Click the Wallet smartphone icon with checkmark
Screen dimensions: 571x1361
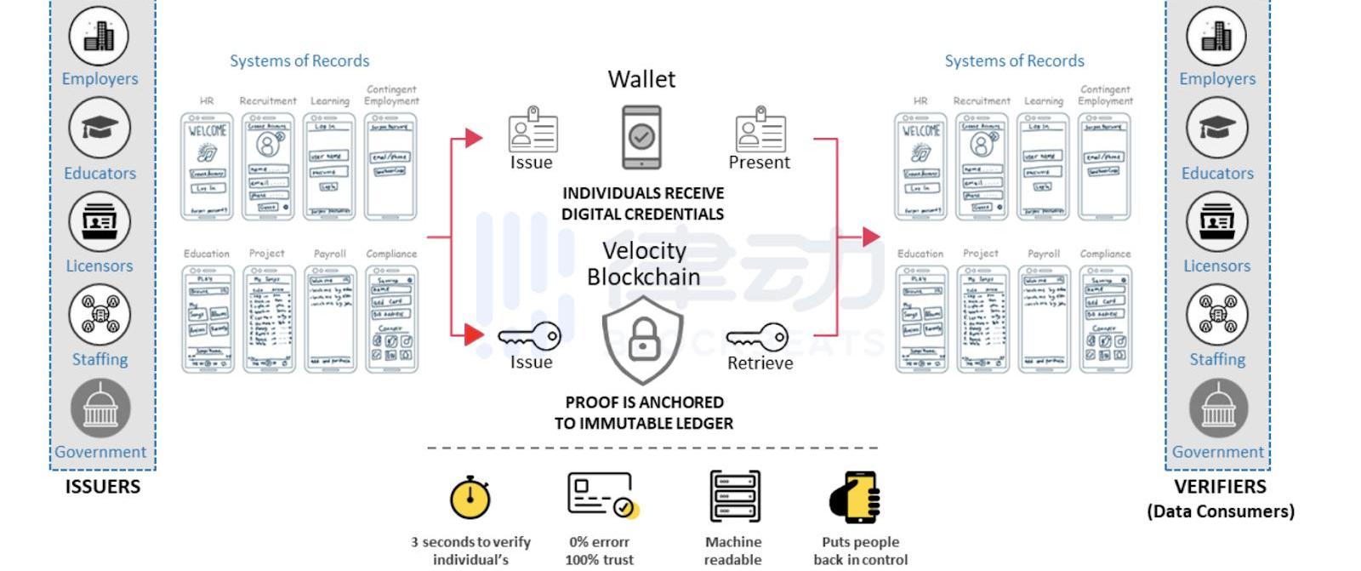click(641, 137)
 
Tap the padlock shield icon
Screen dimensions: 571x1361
click(643, 340)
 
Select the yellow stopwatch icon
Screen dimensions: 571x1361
click(470, 497)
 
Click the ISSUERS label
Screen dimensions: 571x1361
click(103, 487)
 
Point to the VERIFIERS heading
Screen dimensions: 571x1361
click(1220, 487)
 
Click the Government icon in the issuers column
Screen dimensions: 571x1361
click(100, 408)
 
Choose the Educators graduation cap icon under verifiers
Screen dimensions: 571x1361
click(1216, 128)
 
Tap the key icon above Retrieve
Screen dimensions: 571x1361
click(758, 337)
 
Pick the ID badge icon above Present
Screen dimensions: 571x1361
click(760, 129)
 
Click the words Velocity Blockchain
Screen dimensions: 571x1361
click(644, 264)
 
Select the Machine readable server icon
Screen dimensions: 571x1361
click(734, 496)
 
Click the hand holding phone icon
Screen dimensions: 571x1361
click(855, 497)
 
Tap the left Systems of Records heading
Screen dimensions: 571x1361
click(299, 61)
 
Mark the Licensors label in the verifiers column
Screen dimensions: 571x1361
click(1216, 266)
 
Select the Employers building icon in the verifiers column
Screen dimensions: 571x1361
click(1216, 36)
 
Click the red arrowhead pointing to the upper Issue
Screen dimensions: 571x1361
click(474, 138)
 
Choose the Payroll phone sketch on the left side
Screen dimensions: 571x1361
click(330, 319)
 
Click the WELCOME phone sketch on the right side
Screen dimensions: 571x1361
click(920, 167)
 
